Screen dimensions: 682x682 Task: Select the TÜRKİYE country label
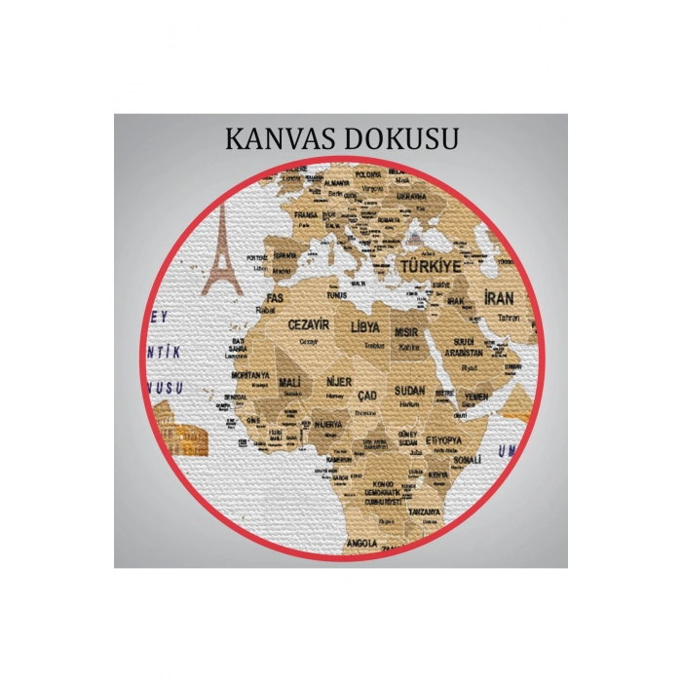coord(426,265)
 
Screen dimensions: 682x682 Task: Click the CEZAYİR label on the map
coord(308,323)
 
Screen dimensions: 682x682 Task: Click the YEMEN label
coord(476,397)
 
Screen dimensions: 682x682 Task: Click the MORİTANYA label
coord(249,374)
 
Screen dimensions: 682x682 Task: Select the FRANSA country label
coord(306,213)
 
